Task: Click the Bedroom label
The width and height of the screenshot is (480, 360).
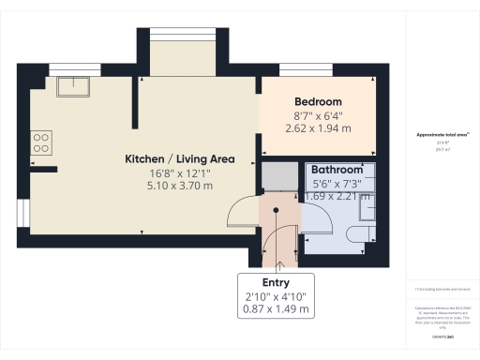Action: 318,101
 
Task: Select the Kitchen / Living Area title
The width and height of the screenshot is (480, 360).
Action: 180,158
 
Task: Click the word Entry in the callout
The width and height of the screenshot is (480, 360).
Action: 276,282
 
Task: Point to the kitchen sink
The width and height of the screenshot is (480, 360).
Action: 72,87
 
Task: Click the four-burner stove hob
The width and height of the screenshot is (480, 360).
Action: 41,142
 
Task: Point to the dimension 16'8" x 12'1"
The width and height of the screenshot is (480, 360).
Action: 180,172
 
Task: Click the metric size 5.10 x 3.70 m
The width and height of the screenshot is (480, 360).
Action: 180,186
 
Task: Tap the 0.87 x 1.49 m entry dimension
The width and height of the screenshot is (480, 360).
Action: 276,308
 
